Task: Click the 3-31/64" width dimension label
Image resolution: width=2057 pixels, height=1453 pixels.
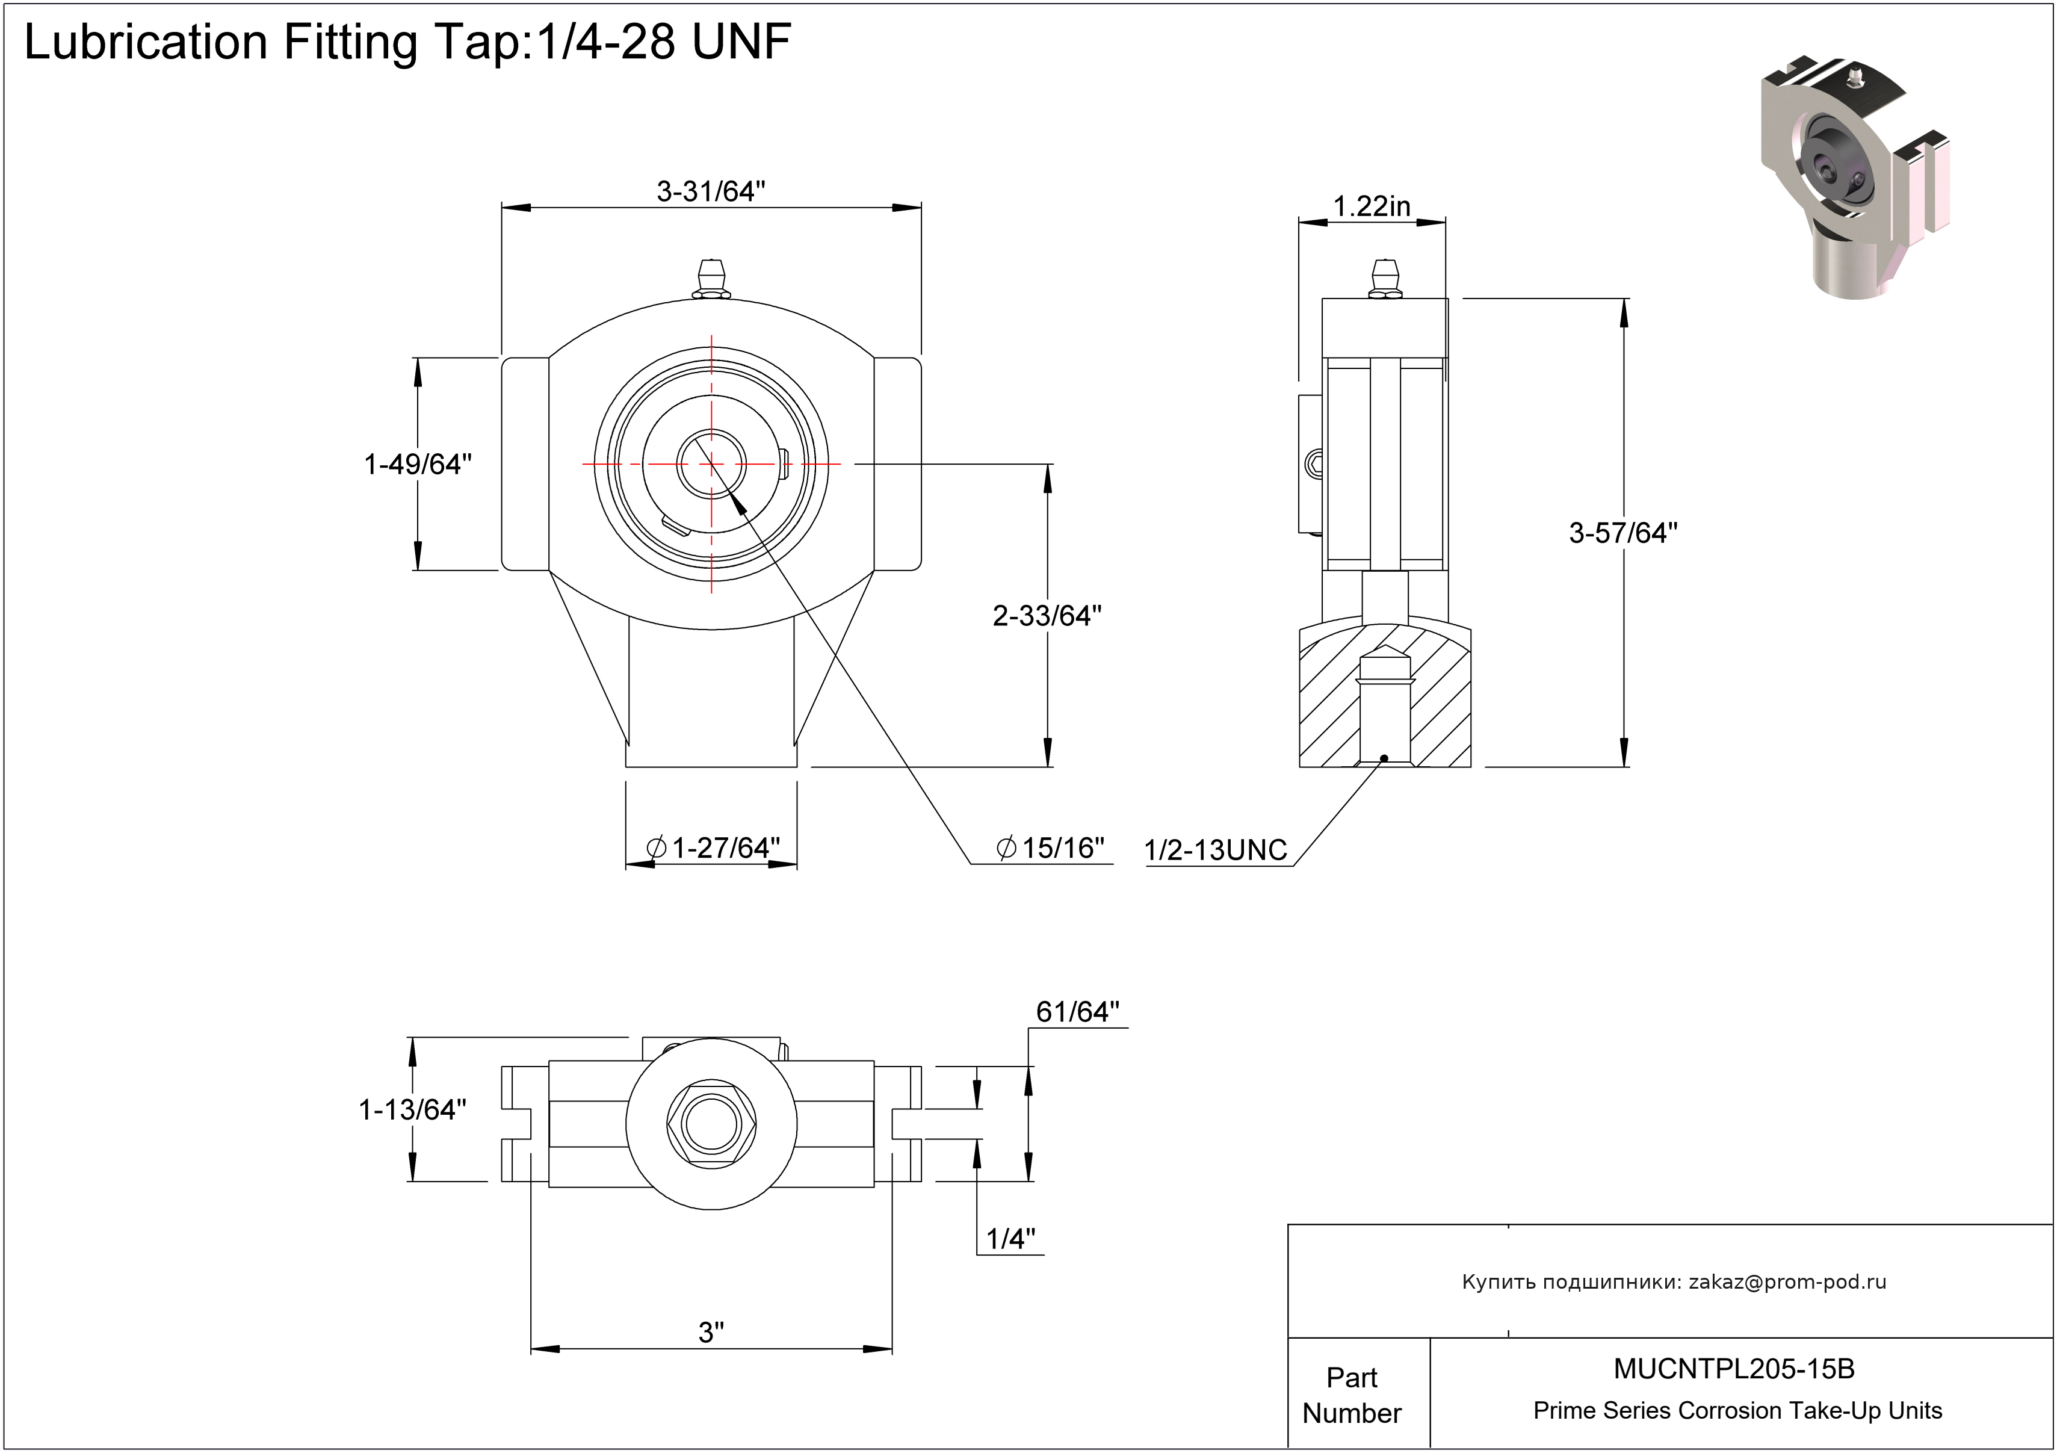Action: pos(711,191)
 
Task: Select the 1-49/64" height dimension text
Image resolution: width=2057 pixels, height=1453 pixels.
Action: pos(418,464)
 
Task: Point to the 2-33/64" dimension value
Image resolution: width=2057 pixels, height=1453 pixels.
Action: pos(1047,615)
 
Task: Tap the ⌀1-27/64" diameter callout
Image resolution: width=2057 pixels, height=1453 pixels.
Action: pos(713,847)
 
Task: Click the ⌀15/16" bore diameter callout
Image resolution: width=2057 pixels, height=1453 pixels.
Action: pos(1050,847)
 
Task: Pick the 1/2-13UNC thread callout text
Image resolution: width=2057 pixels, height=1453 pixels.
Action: pos(1215,850)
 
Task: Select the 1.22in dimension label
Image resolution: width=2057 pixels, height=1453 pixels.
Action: pos(1371,206)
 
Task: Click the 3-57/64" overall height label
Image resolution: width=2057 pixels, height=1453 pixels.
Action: pos(1622,533)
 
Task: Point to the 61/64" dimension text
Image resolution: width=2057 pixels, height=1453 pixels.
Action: pos(1077,1011)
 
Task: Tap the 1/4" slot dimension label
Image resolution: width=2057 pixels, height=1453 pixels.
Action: pos(1010,1239)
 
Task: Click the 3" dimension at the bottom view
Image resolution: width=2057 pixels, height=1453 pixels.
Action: pos(711,1332)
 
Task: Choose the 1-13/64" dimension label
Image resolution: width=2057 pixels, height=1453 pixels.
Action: pos(412,1110)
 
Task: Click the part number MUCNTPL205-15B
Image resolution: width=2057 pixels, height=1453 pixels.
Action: pos(1734,1369)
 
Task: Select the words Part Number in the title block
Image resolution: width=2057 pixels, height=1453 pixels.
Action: pos(1351,1395)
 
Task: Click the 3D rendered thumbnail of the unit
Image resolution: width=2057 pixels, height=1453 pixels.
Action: pos(1855,179)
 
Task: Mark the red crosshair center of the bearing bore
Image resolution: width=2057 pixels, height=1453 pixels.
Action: pos(711,464)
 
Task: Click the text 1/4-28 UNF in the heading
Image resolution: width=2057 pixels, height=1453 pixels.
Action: pos(664,42)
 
